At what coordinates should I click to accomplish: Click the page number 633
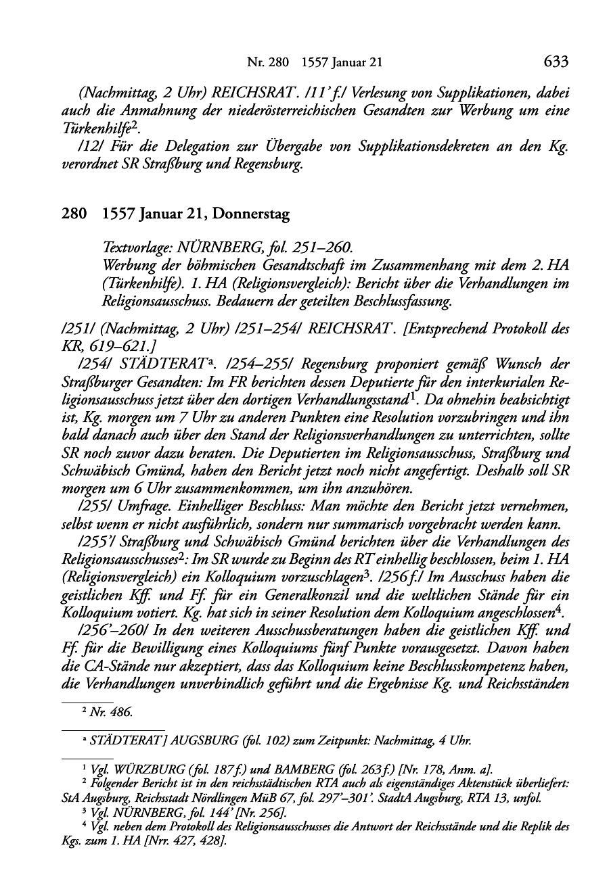[555, 63]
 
